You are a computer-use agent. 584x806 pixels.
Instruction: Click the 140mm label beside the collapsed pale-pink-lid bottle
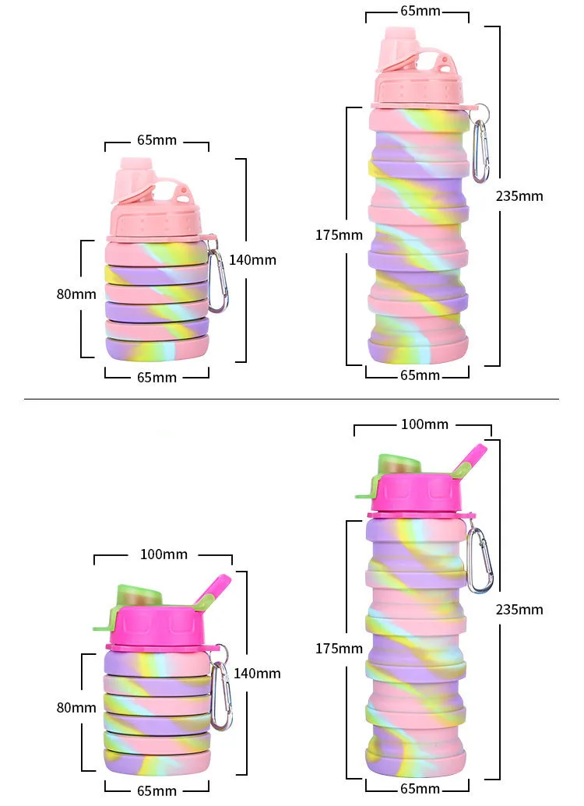252,260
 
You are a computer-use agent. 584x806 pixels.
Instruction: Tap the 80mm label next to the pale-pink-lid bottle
76,294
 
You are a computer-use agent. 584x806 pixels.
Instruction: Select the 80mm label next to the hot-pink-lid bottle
76,707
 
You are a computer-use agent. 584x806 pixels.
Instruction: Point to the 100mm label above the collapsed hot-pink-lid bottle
164,554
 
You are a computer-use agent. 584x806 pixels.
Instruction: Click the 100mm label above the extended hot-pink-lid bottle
424,424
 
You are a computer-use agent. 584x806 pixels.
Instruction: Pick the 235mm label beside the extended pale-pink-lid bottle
519,196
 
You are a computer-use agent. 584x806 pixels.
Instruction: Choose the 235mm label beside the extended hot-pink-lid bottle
519,609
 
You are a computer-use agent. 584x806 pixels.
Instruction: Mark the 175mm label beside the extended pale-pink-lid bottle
339,234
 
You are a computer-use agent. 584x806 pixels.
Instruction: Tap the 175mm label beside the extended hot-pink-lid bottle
339,648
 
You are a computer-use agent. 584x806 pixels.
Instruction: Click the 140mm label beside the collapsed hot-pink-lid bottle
257,673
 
